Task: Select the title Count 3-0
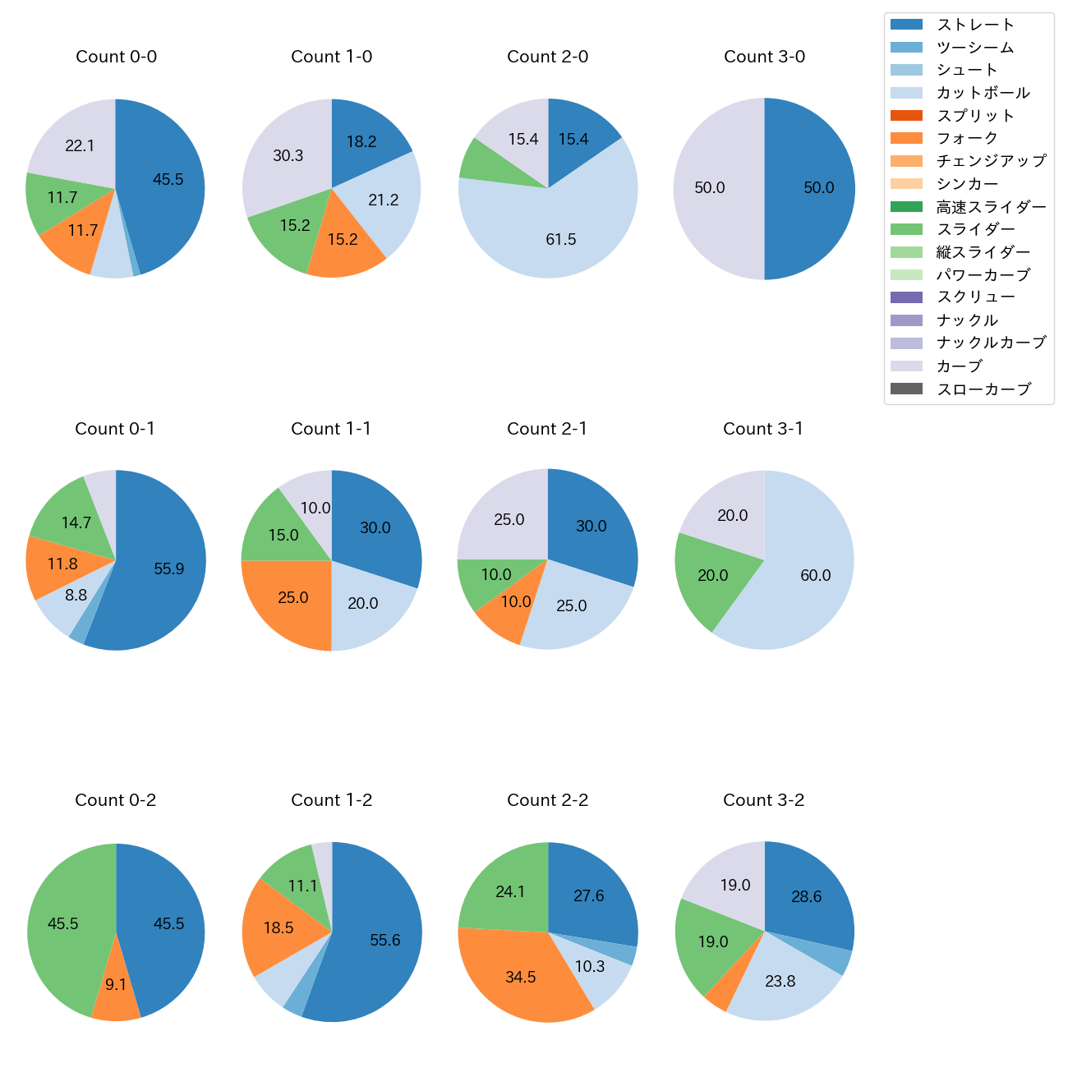[x=764, y=57]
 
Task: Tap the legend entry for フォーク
[x=967, y=138]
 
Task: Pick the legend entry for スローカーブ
[x=983, y=389]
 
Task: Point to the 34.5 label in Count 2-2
[x=521, y=977]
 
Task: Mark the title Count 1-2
[x=332, y=800]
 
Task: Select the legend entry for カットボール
[x=983, y=93]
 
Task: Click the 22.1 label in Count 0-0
[x=80, y=145]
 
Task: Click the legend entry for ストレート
[x=975, y=25]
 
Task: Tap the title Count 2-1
[x=547, y=429]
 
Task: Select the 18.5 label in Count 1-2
[x=279, y=928]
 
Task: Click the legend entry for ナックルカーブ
[x=991, y=343]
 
